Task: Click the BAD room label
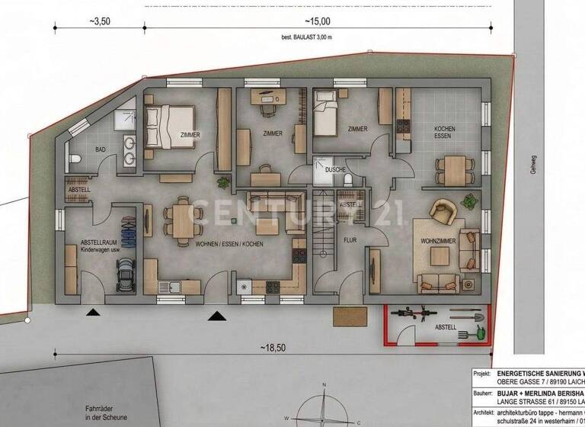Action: point(99,150)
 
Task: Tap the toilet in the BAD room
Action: point(75,159)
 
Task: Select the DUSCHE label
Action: point(336,169)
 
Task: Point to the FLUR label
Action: point(350,239)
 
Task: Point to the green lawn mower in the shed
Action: point(481,332)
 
